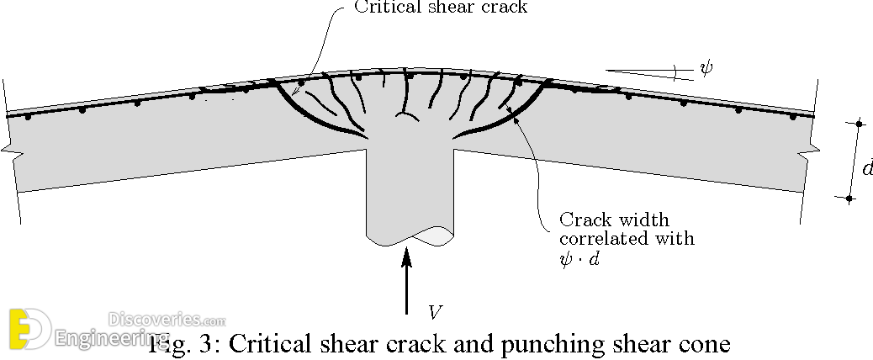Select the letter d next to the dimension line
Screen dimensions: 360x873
[866, 168]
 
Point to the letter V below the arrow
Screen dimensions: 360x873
[434, 313]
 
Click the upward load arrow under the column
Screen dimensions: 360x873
[408, 282]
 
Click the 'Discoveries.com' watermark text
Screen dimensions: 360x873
[167, 320]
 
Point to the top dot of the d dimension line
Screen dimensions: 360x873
[859, 124]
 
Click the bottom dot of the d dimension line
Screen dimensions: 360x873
[849, 199]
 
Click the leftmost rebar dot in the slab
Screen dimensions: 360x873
[28, 118]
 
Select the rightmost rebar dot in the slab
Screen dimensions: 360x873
[793, 117]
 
